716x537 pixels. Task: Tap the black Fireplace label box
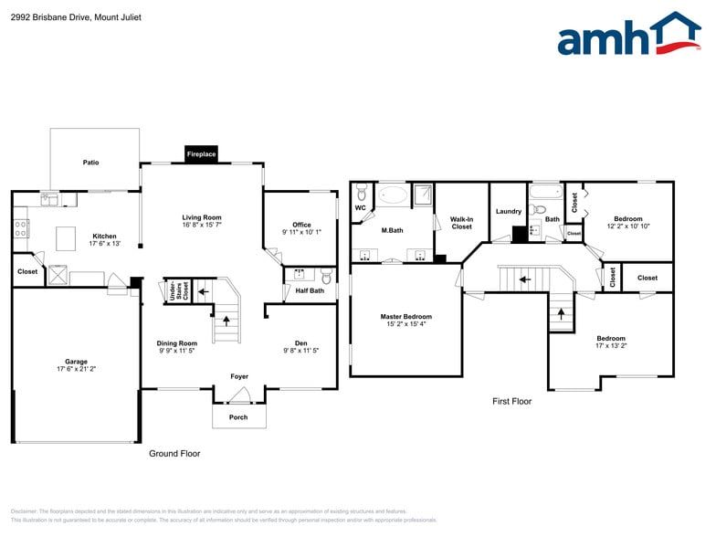201,154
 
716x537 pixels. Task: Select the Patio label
90,163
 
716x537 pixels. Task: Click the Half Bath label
310,290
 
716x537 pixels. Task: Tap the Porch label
238,417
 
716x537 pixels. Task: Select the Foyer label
238,376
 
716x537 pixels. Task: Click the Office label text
301,225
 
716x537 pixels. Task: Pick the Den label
300,343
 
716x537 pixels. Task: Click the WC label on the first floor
360,207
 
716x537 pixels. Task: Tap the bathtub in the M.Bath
394,195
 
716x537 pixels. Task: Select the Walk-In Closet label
461,222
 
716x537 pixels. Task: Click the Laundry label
508,212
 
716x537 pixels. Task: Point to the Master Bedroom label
405,317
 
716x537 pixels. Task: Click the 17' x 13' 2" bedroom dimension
611,346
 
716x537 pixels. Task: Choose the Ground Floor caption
174,453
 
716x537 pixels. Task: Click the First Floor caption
511,401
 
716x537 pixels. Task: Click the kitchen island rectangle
66,238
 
